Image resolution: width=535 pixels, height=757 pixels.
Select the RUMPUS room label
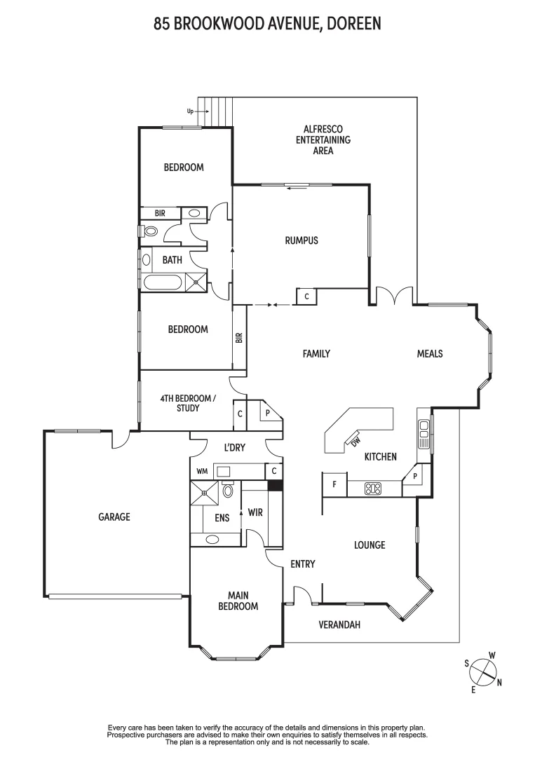click(302, 240)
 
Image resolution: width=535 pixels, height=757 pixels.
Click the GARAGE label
click(114, 517)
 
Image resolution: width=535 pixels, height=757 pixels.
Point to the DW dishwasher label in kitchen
click(355, 440)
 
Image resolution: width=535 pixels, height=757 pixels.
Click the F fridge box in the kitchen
click(334, 484)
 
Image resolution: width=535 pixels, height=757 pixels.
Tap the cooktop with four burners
click(374, 488)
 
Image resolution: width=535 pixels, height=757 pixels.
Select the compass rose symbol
click(483, 671)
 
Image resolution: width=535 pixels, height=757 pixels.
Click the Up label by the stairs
click(190, 111)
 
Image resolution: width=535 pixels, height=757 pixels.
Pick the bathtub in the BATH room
click(162, 283)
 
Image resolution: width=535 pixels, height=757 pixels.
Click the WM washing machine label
click(202, 471)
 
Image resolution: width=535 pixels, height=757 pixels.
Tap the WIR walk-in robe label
click(255, 512)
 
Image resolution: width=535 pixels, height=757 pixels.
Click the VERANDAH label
click(339, 625)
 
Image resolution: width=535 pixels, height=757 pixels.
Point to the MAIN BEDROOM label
click(238, 601)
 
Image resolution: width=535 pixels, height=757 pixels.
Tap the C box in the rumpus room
click(306, 296)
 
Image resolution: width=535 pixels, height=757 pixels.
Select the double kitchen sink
click(423, 433)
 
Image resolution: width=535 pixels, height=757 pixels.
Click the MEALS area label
click(430, 354)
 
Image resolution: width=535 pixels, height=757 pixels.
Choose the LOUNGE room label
click(370, 545)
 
